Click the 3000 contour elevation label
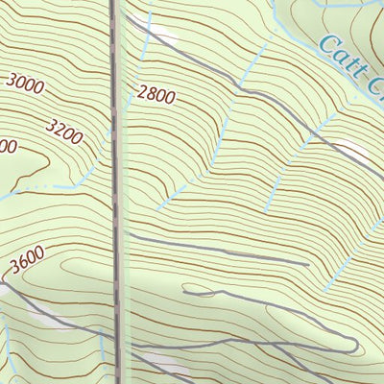click(25, 84)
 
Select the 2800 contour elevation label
click(157, 94)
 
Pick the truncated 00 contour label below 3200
click(8, 147)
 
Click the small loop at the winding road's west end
click(192, 289)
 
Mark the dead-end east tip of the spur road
click(307, 262)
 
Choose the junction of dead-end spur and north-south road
click(123, 231)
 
